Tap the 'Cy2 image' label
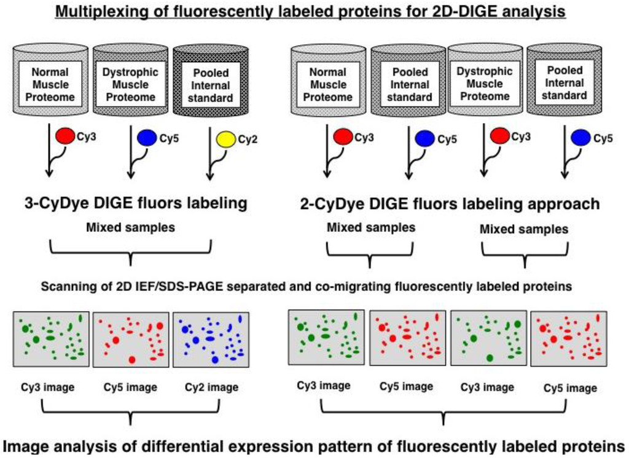211,387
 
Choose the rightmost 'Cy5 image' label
570,388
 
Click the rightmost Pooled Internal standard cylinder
564,79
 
